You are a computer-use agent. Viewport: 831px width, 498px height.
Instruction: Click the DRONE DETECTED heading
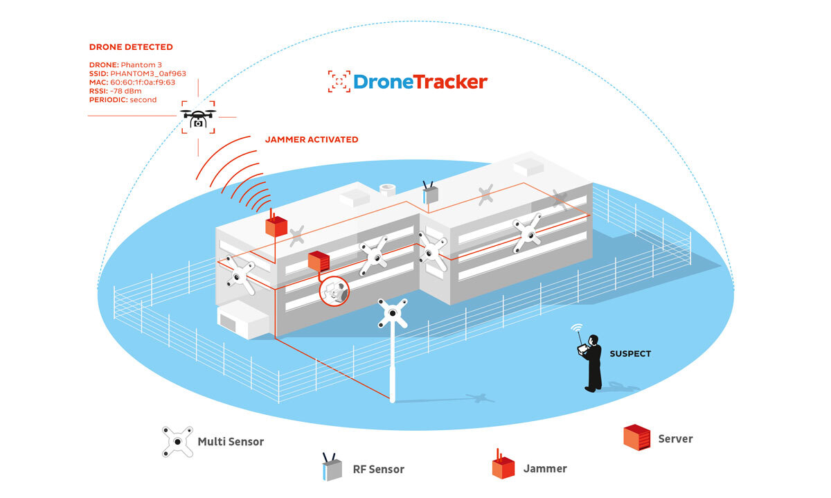[x=131, y=47]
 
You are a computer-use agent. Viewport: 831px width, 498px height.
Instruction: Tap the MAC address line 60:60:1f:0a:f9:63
[x=132, y=82]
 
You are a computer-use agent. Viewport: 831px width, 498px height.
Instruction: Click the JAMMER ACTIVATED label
[x=312, y=139]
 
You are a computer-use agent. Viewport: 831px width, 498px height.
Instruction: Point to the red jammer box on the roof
[x=276, y=226]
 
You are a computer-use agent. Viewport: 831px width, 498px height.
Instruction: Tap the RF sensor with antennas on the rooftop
[x=431, y=195]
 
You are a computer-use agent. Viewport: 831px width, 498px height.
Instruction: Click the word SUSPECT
[x=630, y=354]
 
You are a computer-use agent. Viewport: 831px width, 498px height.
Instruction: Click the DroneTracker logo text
[x=420, y=82]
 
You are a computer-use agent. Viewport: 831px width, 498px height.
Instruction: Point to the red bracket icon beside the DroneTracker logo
[x=339, y=82]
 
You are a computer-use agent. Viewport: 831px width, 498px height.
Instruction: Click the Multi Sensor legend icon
[x=177, y=441]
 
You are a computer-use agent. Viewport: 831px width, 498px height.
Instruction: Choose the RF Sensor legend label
[x=377, y=469]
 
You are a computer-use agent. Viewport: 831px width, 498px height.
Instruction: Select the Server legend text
[x=675, y=438]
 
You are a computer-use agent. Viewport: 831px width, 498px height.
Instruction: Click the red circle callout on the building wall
[x=334, y=290]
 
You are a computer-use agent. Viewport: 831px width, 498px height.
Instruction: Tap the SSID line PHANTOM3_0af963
[x=137, y=73]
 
